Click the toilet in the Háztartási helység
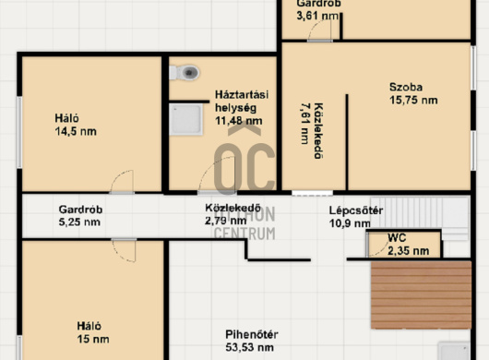[x=185, y=73]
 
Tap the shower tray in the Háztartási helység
[x=185, y=119]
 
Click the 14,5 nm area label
[x=76, y=131]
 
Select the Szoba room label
[x=406, y=87]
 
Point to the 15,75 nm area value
[x=413, y=100]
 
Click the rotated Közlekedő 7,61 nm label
[x=312, y=131]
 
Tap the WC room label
[x=397, y=238]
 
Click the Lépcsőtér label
[x=356, y=210]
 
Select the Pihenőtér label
[x=252, y=334]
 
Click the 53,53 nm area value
[x=249, y=347]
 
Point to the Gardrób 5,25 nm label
[x=80, y=216]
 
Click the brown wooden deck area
[x=421, y=295]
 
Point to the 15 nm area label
[x=93, y=339]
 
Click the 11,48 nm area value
[x=239, y=121]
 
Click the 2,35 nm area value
[x=408, y=250]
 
